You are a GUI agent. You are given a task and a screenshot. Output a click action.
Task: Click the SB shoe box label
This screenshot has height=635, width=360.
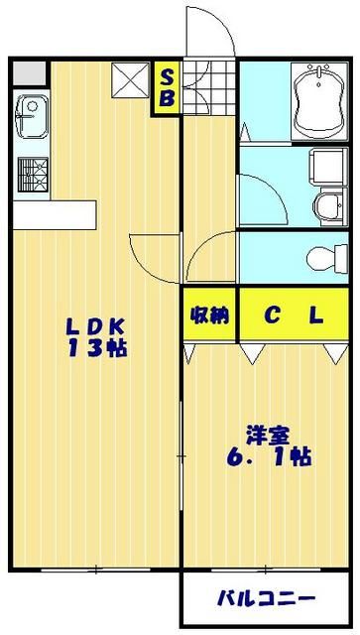[x=167, y=88]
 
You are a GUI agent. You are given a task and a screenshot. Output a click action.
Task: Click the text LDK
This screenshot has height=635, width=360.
[x=96, y=324]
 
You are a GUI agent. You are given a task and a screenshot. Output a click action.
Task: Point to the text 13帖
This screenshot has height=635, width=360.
[x=96, y=347]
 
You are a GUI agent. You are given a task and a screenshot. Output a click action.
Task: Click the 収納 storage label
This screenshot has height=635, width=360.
[x=209, y=316]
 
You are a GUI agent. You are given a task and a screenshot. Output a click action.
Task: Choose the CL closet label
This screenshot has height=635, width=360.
[x=294, y=316]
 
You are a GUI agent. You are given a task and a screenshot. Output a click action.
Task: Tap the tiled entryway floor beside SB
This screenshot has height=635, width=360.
[x=209, y=86]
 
